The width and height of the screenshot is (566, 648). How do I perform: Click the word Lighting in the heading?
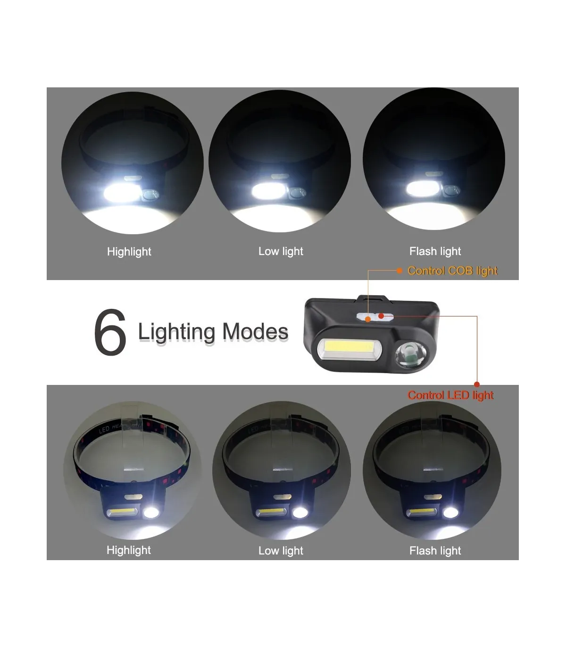(x=176, y=333)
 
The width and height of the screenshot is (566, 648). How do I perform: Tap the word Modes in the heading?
(x=256, y=332)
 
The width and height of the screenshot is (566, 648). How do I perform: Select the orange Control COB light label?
(x=452, y=271)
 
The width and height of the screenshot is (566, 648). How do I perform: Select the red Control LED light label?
(x=450, y=395)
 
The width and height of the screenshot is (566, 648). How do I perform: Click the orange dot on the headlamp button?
(x=368, y=319)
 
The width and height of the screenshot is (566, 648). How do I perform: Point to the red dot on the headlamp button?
(x=381, y=316)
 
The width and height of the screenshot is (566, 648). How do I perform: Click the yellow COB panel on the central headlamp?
(x=349, y=350)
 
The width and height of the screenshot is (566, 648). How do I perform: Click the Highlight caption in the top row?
(x=129, y=252)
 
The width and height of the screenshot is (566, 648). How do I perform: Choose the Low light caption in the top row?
(x=281, y=251)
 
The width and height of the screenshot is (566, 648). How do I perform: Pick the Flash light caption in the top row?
(x=435, y=251)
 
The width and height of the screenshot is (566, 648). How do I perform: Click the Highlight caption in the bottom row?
(x=129, y=550)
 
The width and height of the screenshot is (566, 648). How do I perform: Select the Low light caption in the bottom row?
(x=281, y=550)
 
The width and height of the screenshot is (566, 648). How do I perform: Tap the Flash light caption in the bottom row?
(x=435, y=550)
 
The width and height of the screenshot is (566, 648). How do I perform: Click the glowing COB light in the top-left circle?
(x=123, y=192)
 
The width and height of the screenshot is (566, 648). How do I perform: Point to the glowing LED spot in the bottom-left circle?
(x=151, y=512)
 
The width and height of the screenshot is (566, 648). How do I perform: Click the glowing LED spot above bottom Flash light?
(x=450, y=512)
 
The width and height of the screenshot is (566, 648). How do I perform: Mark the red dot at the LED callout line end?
(x=477, y=384)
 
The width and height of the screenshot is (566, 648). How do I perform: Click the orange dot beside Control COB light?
(x=400, y=271)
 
